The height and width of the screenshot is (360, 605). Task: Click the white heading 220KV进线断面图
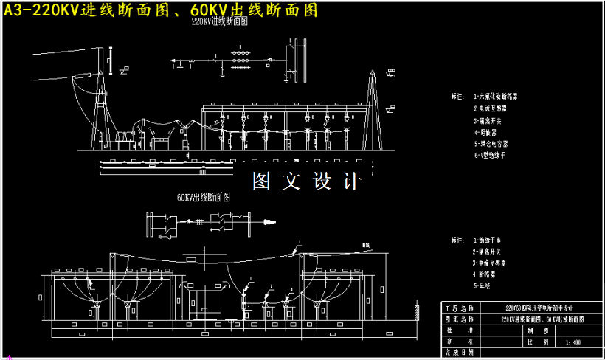(x=219, y=22)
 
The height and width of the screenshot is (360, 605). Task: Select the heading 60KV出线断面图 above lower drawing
(x=204, y=198)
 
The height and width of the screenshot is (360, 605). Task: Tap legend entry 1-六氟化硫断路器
(x=500, y=96)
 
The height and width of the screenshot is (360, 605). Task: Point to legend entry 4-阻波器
(x=486, y=132)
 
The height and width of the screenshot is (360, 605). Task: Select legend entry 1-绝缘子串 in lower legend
(x=490, y=240)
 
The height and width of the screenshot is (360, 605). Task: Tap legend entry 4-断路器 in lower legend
(x=486, y=274)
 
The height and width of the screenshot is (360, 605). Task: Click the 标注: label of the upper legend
(x=458, y=96)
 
